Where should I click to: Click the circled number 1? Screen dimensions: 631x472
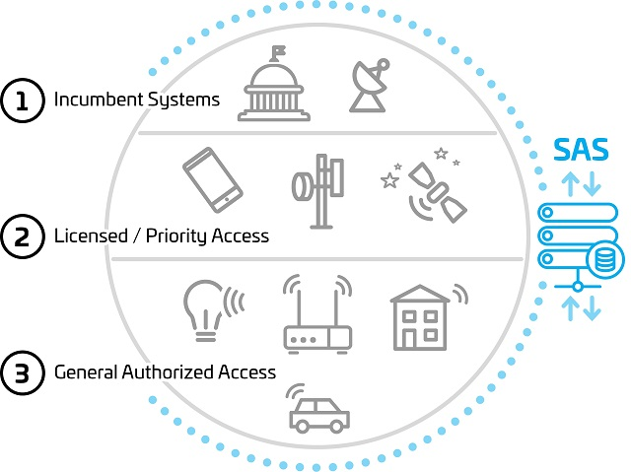[22, 101]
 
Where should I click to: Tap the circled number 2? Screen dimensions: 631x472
[22, 236]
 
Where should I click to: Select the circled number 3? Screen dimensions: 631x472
[22, 372]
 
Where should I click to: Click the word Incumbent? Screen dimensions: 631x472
[99, 99]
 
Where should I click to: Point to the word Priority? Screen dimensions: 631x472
[175, 236]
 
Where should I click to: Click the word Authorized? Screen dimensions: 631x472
[169, 371]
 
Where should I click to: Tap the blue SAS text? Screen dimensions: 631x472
[581, 150]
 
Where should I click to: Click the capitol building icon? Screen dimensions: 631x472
[274, 84]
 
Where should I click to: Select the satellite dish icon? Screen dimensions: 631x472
[370, 85]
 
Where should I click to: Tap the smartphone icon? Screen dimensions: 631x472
[213, 179]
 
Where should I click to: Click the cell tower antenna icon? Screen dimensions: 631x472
[318, 191]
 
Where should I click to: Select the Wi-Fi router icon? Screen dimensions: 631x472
[317, 314]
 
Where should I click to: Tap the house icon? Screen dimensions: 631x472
[428, 317]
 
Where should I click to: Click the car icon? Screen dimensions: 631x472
[317, 409]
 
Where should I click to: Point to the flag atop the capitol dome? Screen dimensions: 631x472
[278, 51]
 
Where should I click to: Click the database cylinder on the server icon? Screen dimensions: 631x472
[605, 259]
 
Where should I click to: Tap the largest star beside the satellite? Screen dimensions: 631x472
[389, 180]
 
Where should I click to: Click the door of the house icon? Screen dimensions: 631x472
[409, 339]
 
